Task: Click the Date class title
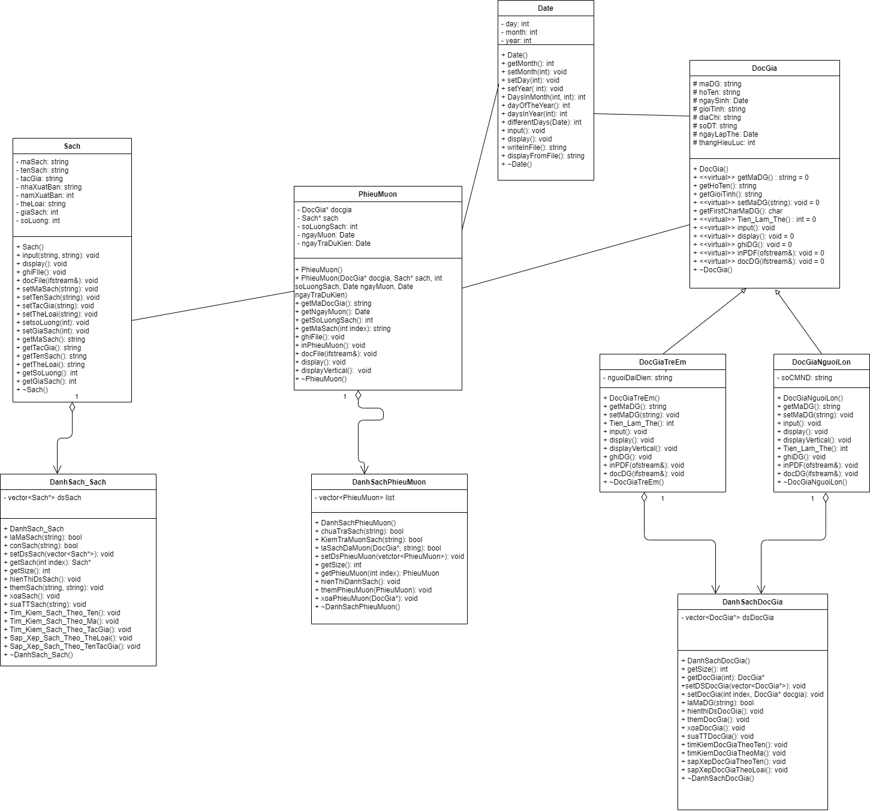coord(545,8)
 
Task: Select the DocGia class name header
coord(764,68)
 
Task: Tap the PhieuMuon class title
coord(378,194)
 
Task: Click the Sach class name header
coord(72,146)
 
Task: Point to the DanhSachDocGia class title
coord(752,602)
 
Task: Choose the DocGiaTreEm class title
coord(662,362)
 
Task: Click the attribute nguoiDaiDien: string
coord(639,378)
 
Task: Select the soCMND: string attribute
coord(806,378)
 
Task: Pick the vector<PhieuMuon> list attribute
coord(356,498)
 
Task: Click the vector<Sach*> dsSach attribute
coord(44,498)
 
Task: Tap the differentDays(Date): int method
coord(544,122)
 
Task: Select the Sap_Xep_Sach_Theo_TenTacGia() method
coord(74,646)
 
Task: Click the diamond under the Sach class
coord(72,407)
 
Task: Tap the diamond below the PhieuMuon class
coord(358,396)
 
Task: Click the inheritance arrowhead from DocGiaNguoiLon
coord(777,292)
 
